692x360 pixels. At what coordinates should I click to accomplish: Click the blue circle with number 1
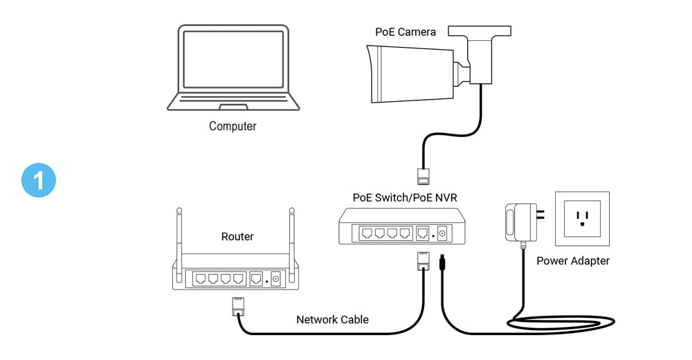39,180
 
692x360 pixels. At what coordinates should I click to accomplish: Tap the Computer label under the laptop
233,127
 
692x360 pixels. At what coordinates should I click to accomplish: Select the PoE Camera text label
406,32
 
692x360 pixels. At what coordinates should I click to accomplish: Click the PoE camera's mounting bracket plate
480,31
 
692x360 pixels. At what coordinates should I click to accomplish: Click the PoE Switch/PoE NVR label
405,197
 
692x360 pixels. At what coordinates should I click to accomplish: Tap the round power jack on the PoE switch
441,234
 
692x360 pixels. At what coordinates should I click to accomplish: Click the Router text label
237,237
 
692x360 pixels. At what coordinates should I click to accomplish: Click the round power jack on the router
275,279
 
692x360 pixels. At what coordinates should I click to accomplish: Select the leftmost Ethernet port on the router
201,279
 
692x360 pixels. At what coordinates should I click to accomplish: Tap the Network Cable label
332,320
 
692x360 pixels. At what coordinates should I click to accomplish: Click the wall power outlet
582,219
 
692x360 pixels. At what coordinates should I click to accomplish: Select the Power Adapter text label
573,261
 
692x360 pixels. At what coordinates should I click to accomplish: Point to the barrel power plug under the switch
441,264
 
